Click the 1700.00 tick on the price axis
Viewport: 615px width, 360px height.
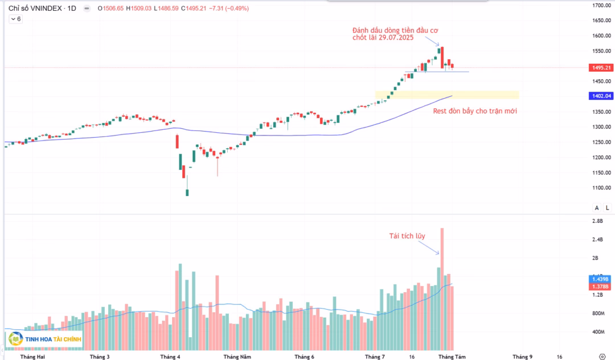(x=602, y=6)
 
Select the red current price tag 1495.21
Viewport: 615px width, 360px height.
(x=601, y=68)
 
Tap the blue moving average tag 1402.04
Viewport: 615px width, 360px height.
(x=601, y=96)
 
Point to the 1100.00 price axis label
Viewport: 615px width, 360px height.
(x=602, y=188)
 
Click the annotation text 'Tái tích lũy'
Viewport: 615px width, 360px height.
(x=407, y=236)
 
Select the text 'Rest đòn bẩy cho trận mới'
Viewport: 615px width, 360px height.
(x=475, y=111)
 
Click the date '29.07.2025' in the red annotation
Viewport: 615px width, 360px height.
(x=396, y=38)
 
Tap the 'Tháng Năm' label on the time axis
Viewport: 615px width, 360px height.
(x=237, y=357)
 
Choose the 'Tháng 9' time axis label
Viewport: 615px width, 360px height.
(x=522, y=357)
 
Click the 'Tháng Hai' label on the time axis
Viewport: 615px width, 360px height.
(x=32, y=357)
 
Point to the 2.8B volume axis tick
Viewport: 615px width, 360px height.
(x=597, y=221)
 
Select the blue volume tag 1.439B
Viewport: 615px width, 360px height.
(x=601, y=279)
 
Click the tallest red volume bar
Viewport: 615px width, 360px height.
(x=442, y=285)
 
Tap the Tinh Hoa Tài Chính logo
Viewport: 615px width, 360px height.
(x=46, y=340)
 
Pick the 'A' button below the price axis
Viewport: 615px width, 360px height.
(x=596, y=207)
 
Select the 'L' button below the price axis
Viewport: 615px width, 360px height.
(x=607, y=207)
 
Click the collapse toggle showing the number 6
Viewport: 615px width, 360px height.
(x=15, y=19)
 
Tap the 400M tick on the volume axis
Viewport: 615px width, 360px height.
(x=598, y=332)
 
